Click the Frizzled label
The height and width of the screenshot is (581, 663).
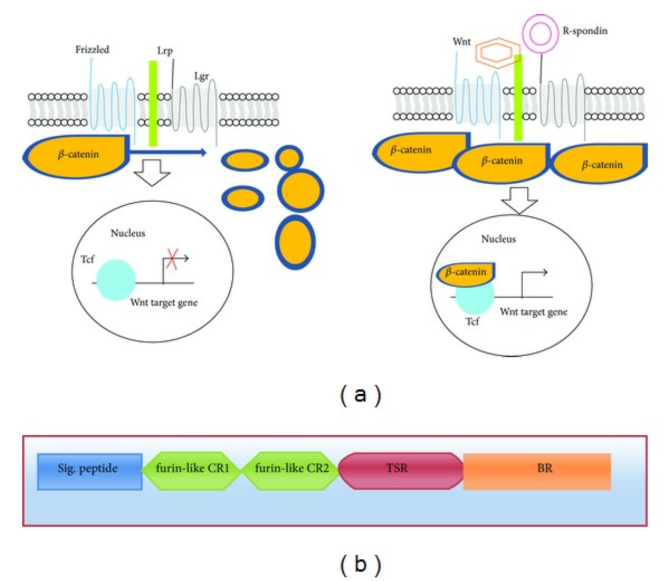point(92,50)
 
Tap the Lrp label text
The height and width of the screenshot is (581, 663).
point(165,51)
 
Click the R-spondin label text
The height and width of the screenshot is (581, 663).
point(585,31)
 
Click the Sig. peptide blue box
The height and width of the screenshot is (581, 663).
point(89,471)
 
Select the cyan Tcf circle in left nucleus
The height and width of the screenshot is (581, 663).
point(116,279)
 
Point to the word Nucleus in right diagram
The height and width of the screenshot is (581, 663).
point(498,239)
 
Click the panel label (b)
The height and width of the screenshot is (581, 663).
point(360,564)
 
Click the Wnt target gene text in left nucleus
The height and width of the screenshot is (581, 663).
point(164,303)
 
